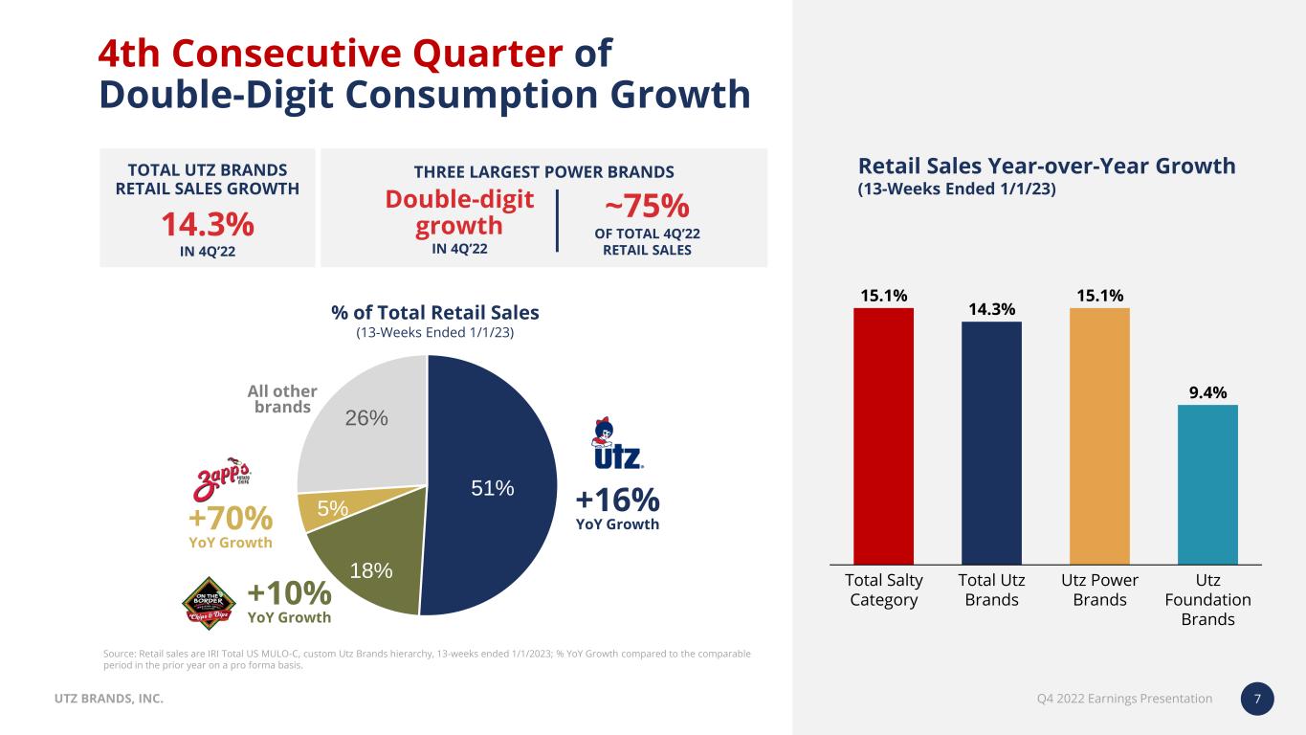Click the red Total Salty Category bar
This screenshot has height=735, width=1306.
click(x=883, y=435)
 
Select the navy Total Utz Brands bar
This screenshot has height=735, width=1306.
click(x=991, y=442)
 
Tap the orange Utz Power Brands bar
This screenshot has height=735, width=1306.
click(x=1099, y=435)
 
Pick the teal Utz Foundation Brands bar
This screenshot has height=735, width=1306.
click(x=1207, y=484)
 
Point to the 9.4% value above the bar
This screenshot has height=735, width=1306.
click(x=1207, y=391)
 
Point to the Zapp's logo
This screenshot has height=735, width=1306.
click(x=224, y=477)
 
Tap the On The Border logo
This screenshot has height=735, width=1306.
click(x=209, y=604)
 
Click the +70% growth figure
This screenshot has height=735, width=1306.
click(x=231, y=519)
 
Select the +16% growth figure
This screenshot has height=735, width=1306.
click(x=617, y=500)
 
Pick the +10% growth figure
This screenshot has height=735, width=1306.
click(x=289, y=592)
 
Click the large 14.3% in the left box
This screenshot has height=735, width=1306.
click(x=207, y=225)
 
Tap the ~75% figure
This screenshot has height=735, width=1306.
click(x=647, y=206)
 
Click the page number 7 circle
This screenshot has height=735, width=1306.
click(x=1257, y=699)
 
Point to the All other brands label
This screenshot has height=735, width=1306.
click(x=282, y=399)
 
